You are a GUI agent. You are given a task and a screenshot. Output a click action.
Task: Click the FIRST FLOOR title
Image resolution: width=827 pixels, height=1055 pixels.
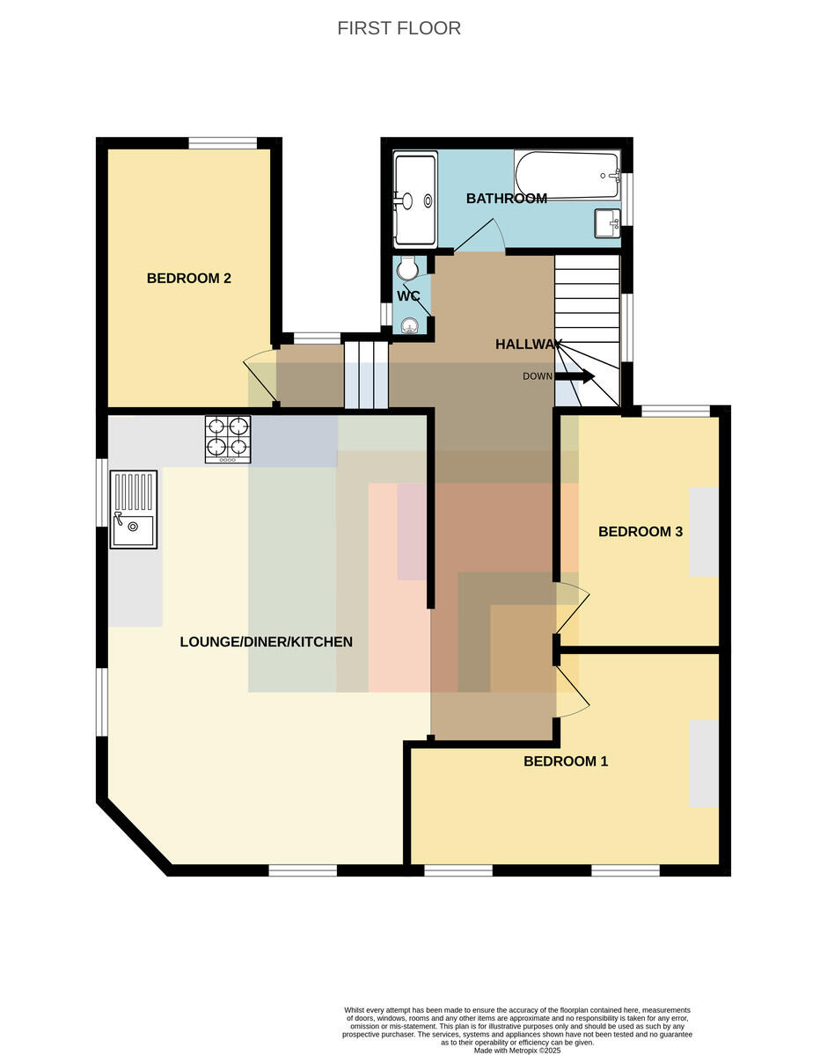[399, 28]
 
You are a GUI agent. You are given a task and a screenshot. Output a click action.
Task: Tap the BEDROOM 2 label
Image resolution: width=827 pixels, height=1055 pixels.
[188, 278]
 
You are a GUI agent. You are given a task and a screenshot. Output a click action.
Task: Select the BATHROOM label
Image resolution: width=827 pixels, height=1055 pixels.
[507, 198]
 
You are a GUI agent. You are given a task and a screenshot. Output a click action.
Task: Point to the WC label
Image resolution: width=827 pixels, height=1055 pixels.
[408, 296]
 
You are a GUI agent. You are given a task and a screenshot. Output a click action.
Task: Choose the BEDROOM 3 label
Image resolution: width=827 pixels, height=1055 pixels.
[640, 532]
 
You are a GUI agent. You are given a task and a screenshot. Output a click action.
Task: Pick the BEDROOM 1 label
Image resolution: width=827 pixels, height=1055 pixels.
[566, 761]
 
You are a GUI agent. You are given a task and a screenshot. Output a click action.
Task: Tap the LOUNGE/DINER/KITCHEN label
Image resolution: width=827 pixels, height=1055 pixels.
[266, 642]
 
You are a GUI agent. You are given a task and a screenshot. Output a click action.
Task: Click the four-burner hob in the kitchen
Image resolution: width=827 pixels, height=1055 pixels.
[228, 440]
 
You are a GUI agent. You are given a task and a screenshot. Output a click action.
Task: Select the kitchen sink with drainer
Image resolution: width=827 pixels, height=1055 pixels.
[134, 509]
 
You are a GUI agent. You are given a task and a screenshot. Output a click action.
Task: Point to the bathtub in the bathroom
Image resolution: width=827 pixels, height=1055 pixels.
[567, 175]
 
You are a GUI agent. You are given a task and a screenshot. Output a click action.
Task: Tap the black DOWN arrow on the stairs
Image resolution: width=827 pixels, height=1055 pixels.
[575, 376]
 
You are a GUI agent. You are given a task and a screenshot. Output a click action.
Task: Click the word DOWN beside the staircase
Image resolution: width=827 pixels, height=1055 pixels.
[537, 376]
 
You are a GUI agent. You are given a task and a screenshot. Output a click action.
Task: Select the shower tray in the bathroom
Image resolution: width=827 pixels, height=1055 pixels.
[415, 199]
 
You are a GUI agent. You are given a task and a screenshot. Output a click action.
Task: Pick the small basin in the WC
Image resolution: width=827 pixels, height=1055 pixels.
[410, 325]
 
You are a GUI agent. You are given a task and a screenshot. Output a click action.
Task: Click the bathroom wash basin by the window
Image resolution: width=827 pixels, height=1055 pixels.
[608, 223]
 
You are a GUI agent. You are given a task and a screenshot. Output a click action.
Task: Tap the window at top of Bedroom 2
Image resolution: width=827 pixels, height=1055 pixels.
[223, 143]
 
